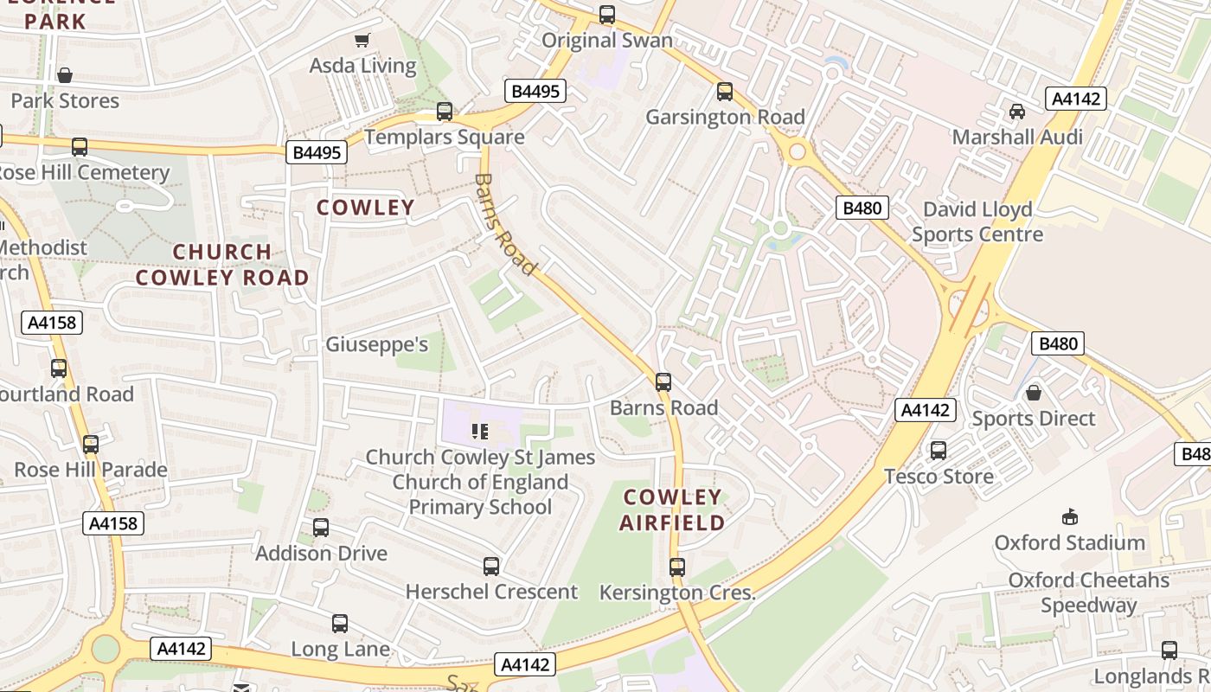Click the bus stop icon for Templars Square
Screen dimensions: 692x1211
coord(445,112)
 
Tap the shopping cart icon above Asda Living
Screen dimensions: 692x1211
coord(362,40)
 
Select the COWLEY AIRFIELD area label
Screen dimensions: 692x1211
coord(672,509)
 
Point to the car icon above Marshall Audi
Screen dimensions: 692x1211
coord(1017,112)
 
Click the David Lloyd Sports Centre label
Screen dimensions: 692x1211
coord(977,221)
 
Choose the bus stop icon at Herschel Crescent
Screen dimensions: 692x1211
coord(491,567)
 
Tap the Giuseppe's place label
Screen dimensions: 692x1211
coord(376,344)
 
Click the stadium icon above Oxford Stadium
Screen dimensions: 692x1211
coord(1070,517)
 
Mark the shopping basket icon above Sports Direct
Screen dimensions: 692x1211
coord(1033,394)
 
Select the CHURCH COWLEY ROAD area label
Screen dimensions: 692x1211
coord(222,265)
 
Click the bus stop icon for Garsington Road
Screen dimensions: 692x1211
coord(725,92)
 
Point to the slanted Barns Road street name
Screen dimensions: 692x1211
coord(503,224)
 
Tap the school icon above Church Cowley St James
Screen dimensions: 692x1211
coord(480,431)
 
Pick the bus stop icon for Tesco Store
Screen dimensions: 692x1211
coord(939,451)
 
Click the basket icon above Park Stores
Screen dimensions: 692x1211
coord(65,76)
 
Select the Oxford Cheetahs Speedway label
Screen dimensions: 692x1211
coord(1088,593)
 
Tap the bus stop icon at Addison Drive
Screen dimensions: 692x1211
coord(321,528)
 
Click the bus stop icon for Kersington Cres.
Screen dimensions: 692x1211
coord(677,567)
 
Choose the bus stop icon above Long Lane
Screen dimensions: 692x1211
coord(340,624)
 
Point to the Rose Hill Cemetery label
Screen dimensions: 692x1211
coord(84,172)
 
